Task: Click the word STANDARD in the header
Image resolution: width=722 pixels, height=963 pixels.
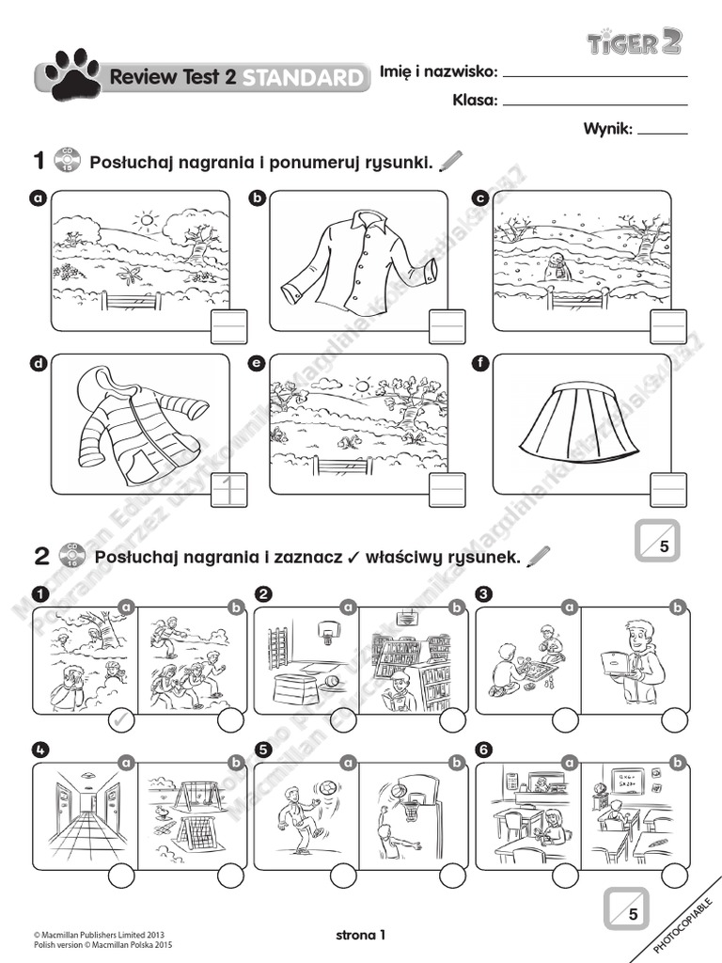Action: click(302, 78)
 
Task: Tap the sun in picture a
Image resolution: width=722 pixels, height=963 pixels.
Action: click(146, 222)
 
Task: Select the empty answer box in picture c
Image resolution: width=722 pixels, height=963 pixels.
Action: click(668, 326)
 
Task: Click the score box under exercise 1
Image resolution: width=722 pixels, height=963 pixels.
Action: click(655, 543)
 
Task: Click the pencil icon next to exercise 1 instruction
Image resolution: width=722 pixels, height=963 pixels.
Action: click(451, 162)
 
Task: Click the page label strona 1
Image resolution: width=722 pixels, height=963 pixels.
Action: click(360, 934)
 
